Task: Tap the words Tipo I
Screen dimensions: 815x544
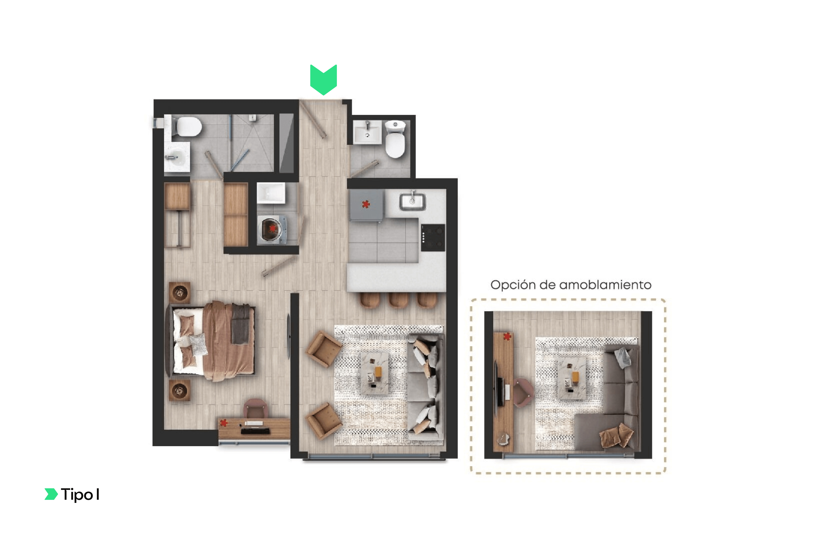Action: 80,494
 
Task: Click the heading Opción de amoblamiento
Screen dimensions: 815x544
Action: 571,285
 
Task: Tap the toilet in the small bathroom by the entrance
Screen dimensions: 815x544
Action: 395,139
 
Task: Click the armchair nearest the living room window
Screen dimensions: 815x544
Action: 324,421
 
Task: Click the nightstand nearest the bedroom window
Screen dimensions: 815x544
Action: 180,391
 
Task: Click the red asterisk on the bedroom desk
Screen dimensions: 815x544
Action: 224,423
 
